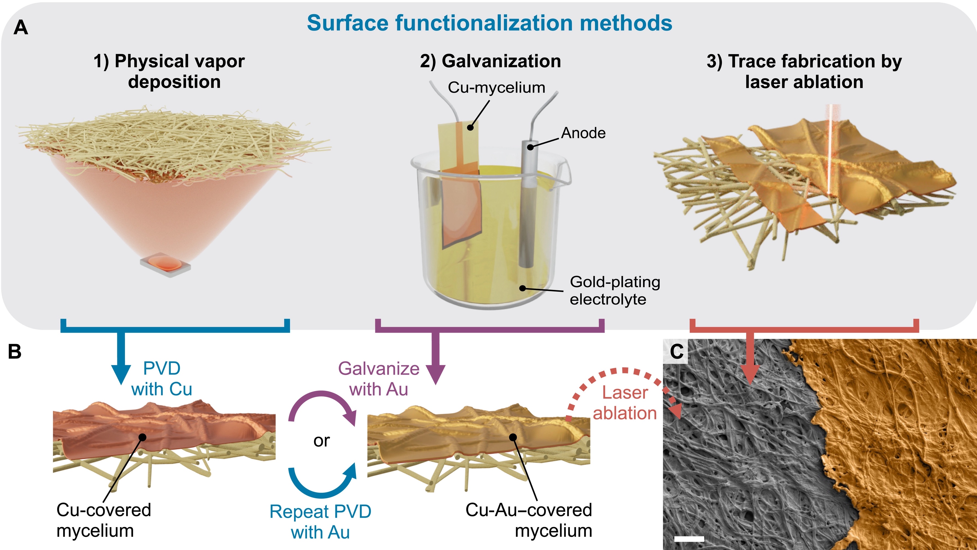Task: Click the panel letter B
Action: [x=15, y=351]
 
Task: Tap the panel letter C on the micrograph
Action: [x=677, y=351]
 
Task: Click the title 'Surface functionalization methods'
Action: [x=489, y=23]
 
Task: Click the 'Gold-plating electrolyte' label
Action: [x=614, y=290]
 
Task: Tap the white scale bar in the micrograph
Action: [x=689, y=539]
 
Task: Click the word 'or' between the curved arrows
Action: [x=322, y=441]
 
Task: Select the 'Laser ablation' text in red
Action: [x=625, y=403]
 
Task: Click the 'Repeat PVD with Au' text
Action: [x=321, y=522]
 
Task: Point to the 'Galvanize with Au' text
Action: [x=378, y=379]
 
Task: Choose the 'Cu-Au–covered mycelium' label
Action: [x=529, y=520]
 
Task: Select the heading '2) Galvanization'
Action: [x=490, y=61]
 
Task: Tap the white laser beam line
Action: [x=829, y=152]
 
